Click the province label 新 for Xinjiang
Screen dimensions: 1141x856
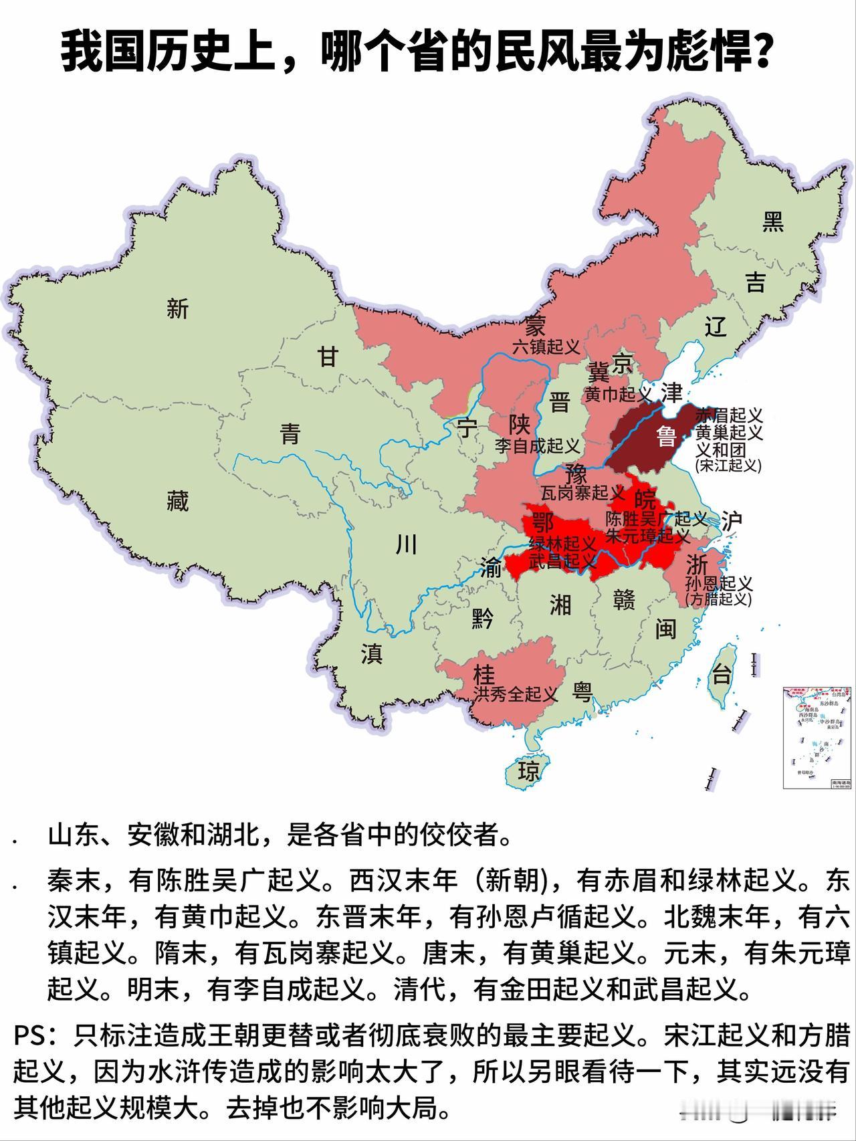(x=177, y=309)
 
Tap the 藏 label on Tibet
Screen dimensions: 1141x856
(x=177, y=500)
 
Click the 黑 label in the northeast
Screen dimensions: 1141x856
(x=773, y=221)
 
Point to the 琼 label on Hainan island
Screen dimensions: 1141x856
(x=528, y=772)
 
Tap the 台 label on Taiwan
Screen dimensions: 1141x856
(x=722, y=674)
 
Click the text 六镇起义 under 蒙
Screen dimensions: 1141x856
(x=546, y=346)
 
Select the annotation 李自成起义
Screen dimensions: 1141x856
(x=537, y=445)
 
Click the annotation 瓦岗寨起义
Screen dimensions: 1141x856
(x=582, y=494)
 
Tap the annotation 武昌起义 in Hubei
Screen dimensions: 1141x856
(x=562, y=560)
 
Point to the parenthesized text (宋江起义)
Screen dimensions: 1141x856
(x=728, y=465)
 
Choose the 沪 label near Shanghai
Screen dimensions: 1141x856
(x=732, y=520)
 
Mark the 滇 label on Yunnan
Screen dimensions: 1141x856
(x=372, y=653)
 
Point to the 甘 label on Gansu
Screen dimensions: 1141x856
(x=328, y=358)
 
